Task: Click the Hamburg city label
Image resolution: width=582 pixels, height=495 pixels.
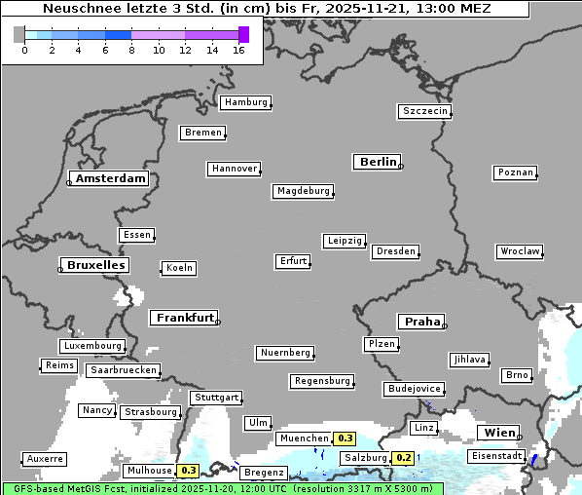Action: (x=245, y=102)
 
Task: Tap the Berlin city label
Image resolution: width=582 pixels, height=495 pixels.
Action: (x=378, y=162)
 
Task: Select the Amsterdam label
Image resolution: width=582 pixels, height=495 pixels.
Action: (x=110, y=178)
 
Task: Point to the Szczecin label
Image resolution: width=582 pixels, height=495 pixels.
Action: (x=425, y=111)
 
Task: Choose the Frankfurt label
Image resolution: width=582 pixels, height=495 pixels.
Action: (x=185, y=318)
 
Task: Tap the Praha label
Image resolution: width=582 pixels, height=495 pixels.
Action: (x=421, y=322)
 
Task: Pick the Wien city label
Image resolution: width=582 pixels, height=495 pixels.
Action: (x=498, y=433)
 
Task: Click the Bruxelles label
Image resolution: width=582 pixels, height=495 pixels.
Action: (x=94, y=265)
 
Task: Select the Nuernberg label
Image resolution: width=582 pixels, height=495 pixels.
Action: (x=285, y=352)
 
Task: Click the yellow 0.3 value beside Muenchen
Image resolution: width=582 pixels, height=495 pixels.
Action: (x=345, y=439)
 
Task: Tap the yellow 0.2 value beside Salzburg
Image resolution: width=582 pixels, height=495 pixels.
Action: (x=403, y=458)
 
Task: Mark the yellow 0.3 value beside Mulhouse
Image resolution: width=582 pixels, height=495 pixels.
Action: (x=189, y=471)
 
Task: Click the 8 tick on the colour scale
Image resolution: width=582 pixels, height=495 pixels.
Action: (x=131, y=50)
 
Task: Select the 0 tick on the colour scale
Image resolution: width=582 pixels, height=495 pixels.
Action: (x=24, y=50)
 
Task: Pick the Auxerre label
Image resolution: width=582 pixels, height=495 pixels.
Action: (x=45, y=458)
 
